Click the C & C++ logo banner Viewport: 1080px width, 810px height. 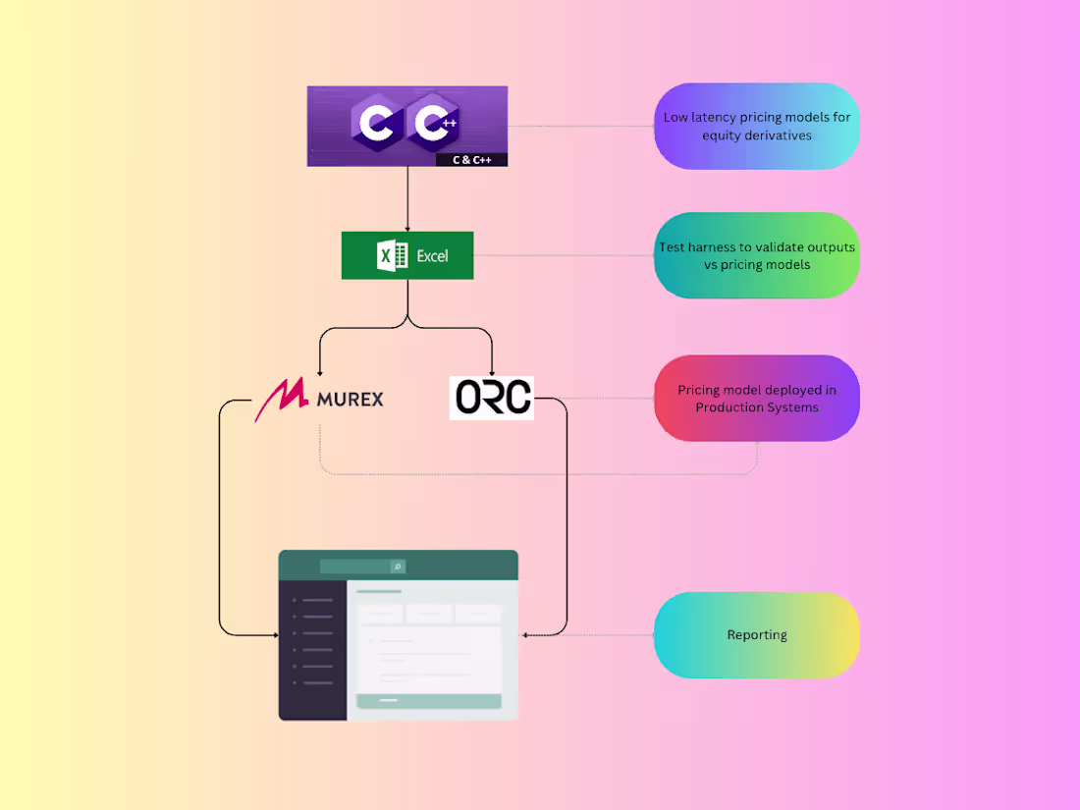point(406,125)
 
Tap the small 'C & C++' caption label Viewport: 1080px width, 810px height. point(472,158)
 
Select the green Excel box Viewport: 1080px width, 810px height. point(407,255)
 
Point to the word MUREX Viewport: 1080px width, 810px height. point(351,399)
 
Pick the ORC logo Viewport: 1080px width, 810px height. point(492,398)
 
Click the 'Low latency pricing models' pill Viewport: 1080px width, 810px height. point(757,126)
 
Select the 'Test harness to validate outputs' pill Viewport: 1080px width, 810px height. point(757,255)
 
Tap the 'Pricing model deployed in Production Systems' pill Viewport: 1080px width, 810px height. point(757,398)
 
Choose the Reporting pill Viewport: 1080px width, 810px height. point(757,635)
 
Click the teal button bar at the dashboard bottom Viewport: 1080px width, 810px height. point(428,701)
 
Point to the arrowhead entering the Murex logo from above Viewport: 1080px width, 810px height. point(320,371)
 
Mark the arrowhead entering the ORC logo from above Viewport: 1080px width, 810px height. point(492,371)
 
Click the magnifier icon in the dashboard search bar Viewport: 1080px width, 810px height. point(398,567)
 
